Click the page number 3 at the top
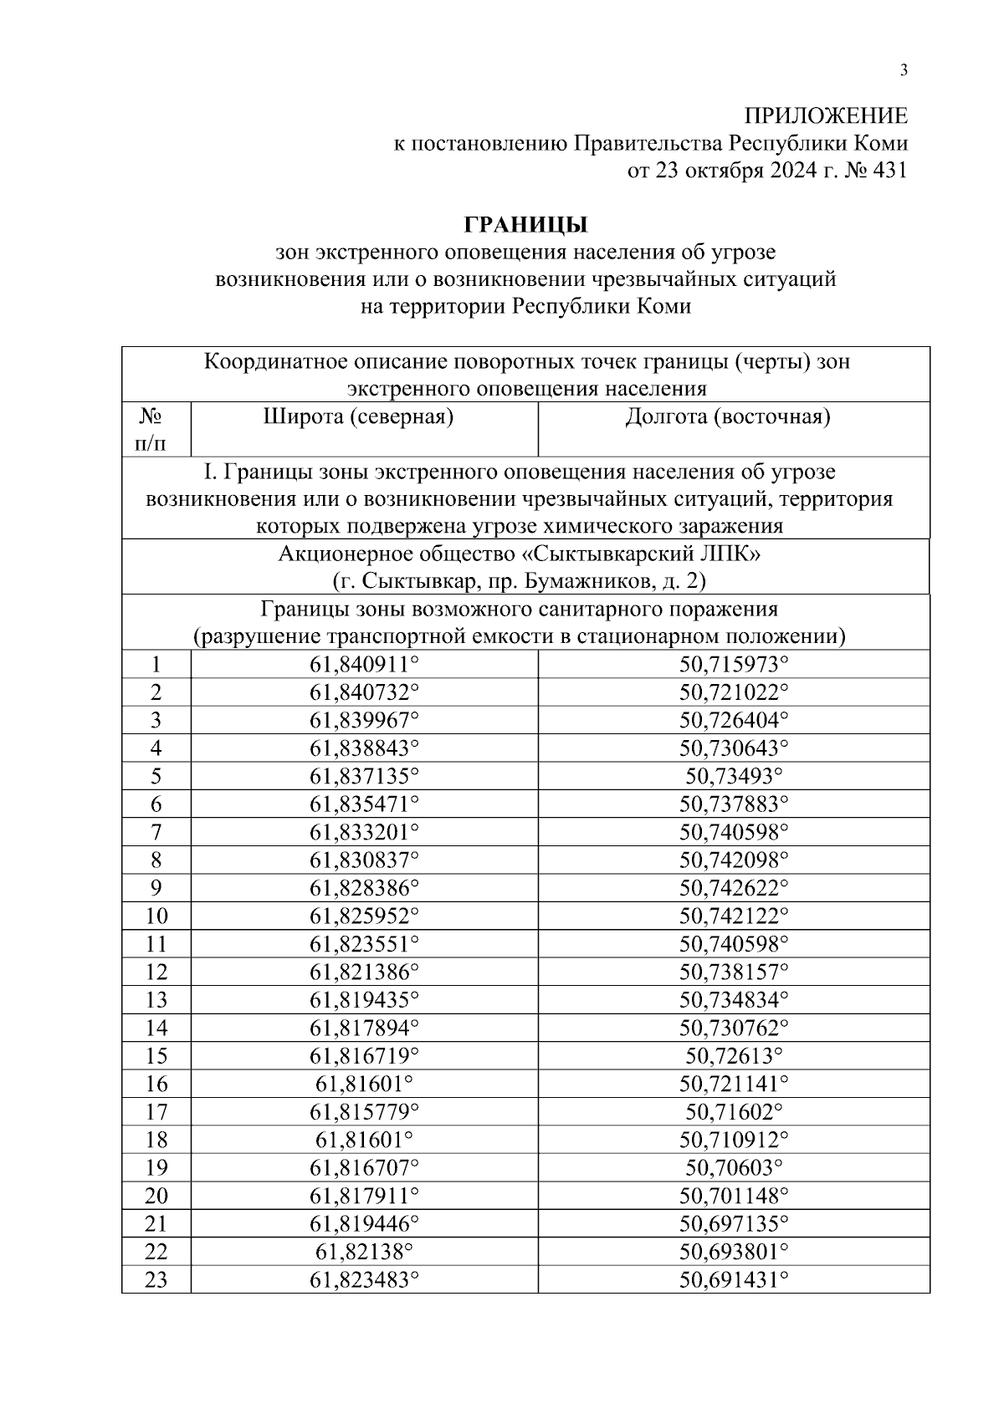903,71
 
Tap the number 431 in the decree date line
889,171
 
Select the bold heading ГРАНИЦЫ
525,226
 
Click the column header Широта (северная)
359,416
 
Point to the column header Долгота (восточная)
728,416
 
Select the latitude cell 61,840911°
364,665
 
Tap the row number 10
156,916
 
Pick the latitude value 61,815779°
364,1112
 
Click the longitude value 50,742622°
734,888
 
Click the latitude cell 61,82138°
364,1252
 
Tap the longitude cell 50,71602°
734,1112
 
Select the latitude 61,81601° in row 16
364,1085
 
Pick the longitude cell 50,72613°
734,1056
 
